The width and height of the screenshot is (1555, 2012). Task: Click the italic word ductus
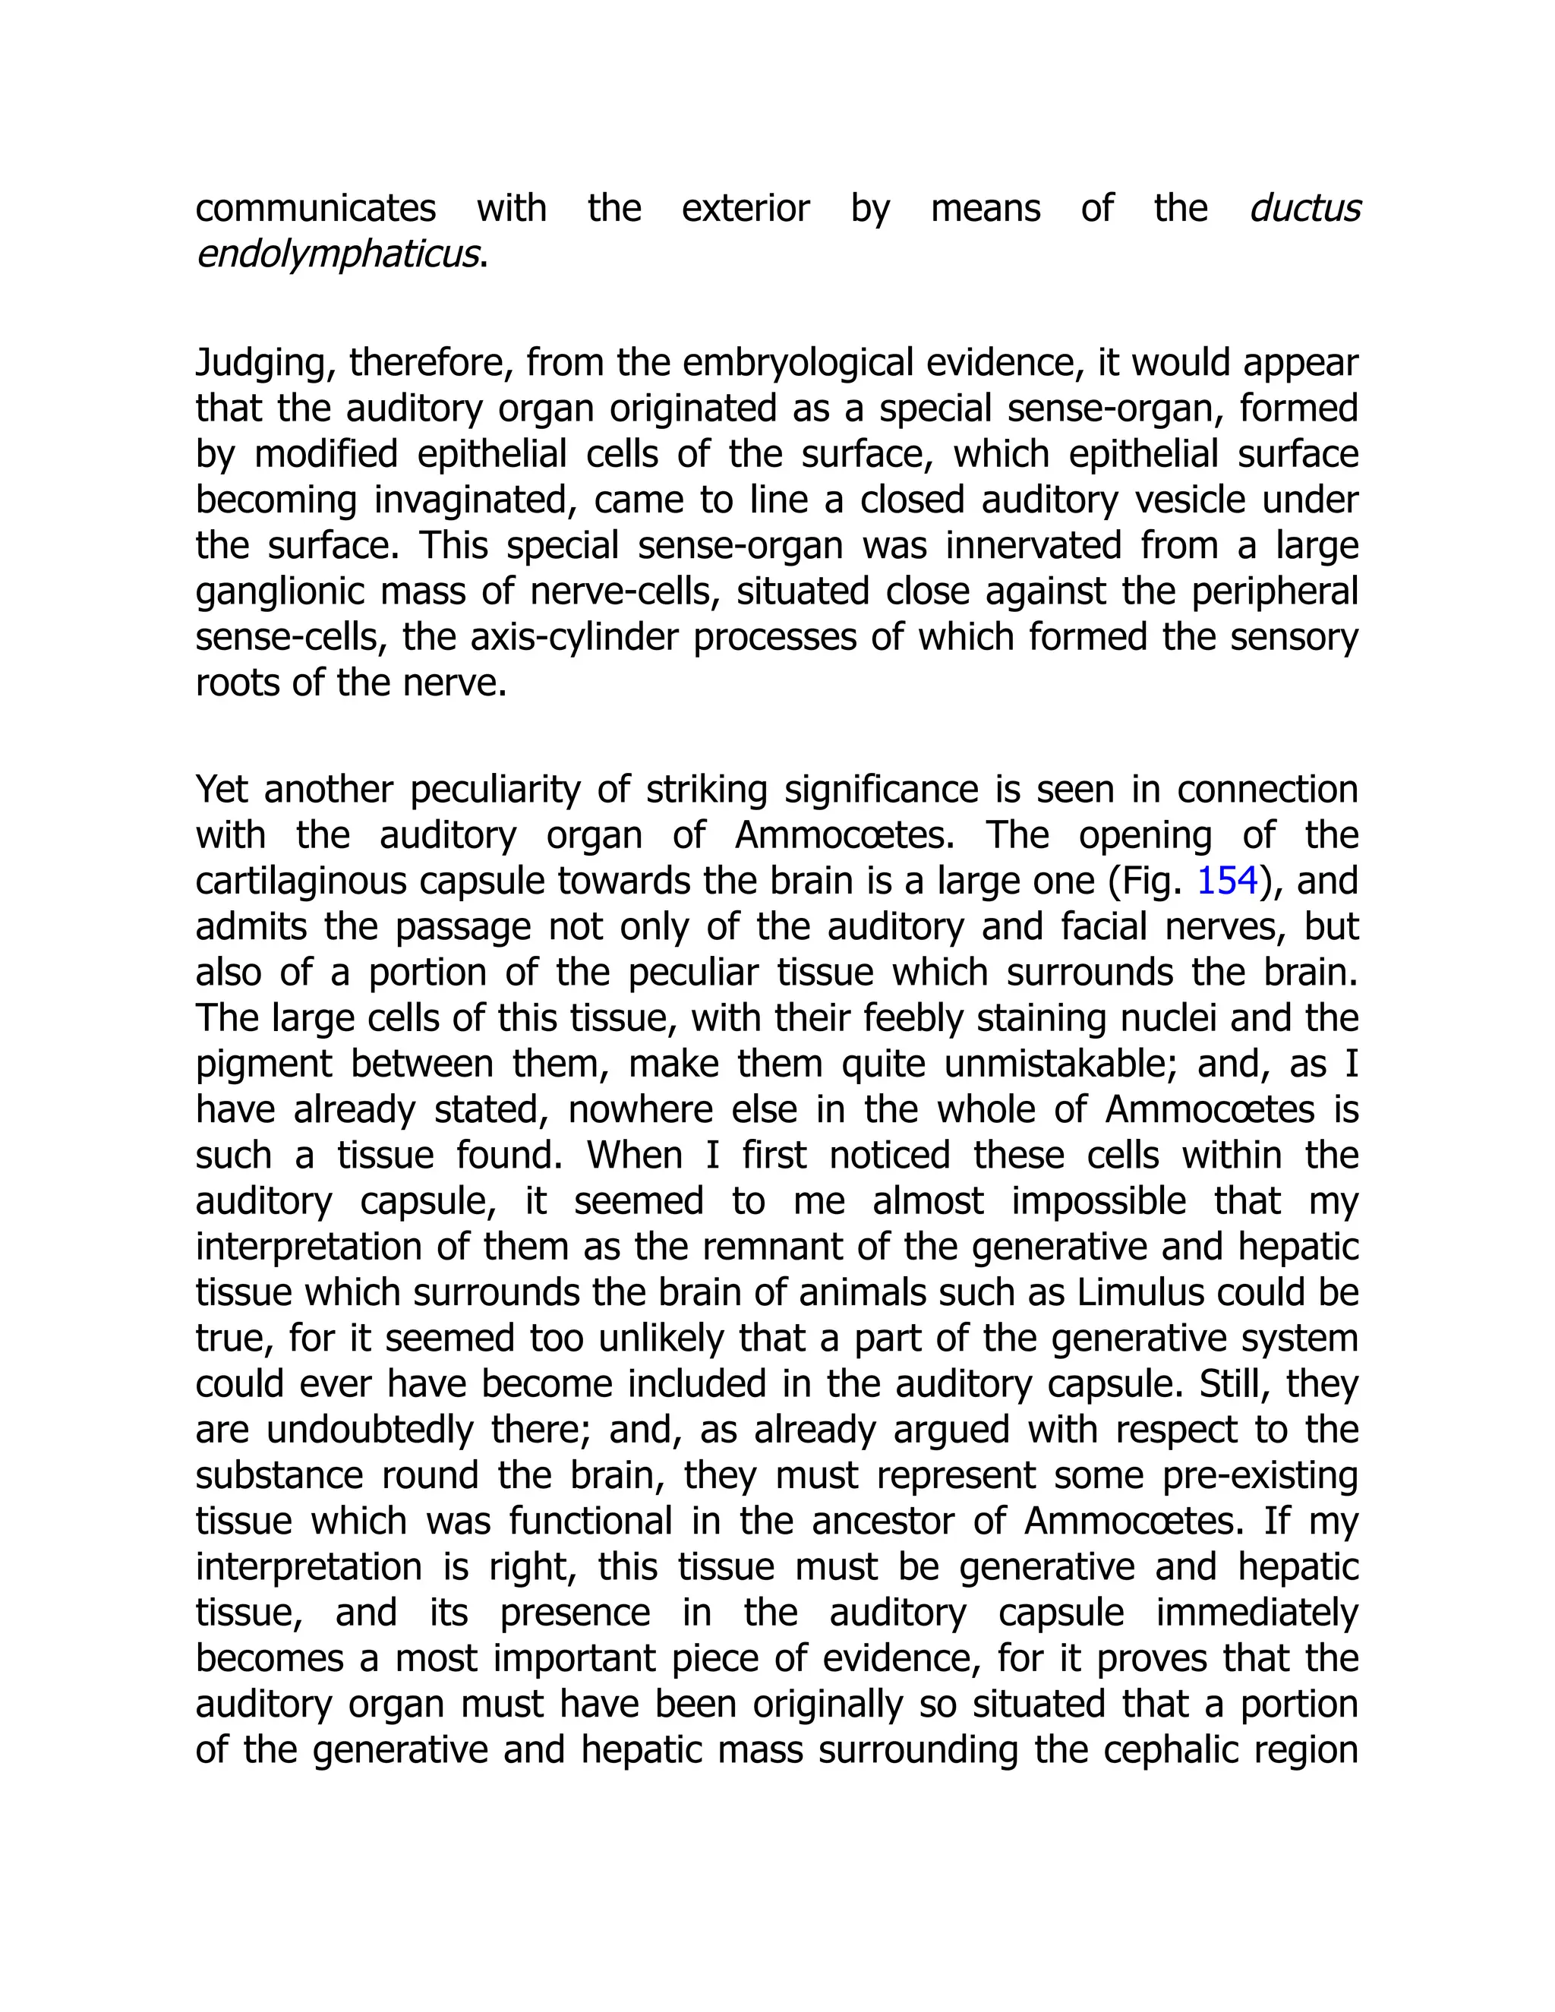(x=1304, y=209)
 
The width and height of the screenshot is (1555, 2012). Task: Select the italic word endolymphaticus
(x=338, y=255)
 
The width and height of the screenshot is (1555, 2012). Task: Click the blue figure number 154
(x=1227, y=881)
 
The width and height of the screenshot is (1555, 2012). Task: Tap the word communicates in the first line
(x=315, y=209)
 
